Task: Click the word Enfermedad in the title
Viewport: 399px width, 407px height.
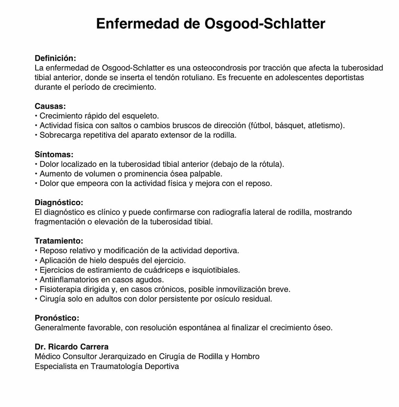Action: (138, 24)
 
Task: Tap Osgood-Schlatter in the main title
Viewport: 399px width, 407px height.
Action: (264, 24)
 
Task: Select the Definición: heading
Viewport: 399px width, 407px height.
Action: (55, 58)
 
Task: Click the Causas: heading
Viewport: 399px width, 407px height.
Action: (50, 106)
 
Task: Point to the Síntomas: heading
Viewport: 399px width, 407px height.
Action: (54, 154)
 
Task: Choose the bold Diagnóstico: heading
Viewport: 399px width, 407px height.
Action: (59, 203)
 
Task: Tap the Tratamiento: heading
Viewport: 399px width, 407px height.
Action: (59, 241)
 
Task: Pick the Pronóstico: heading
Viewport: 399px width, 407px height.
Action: (57, 318)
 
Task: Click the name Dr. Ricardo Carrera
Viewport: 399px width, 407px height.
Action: (71, 347)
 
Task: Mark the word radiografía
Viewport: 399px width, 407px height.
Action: (231, 212)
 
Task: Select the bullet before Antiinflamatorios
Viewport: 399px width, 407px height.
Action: (36, 279)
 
